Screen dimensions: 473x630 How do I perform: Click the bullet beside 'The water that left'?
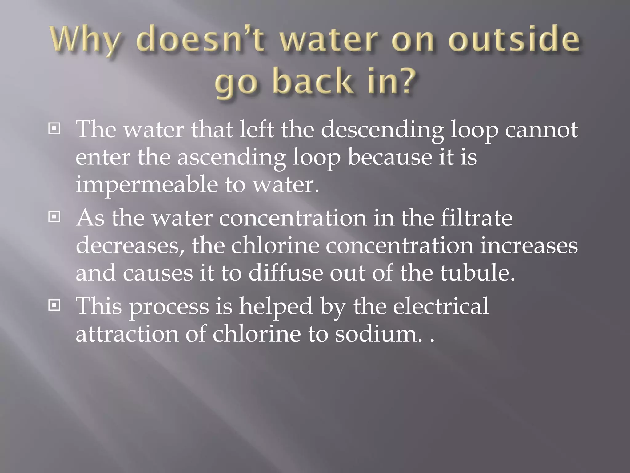click(x=54, y=128)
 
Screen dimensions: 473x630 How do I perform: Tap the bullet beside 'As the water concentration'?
click(x=54, y=217)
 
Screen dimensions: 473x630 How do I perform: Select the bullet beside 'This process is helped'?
click(x=54, y=305)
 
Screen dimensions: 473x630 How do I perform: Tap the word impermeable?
click(x=147, y=185)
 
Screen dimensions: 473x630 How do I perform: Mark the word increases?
click(x=529, y=246)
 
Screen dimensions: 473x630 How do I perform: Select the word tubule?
click(x=477, y=273)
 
